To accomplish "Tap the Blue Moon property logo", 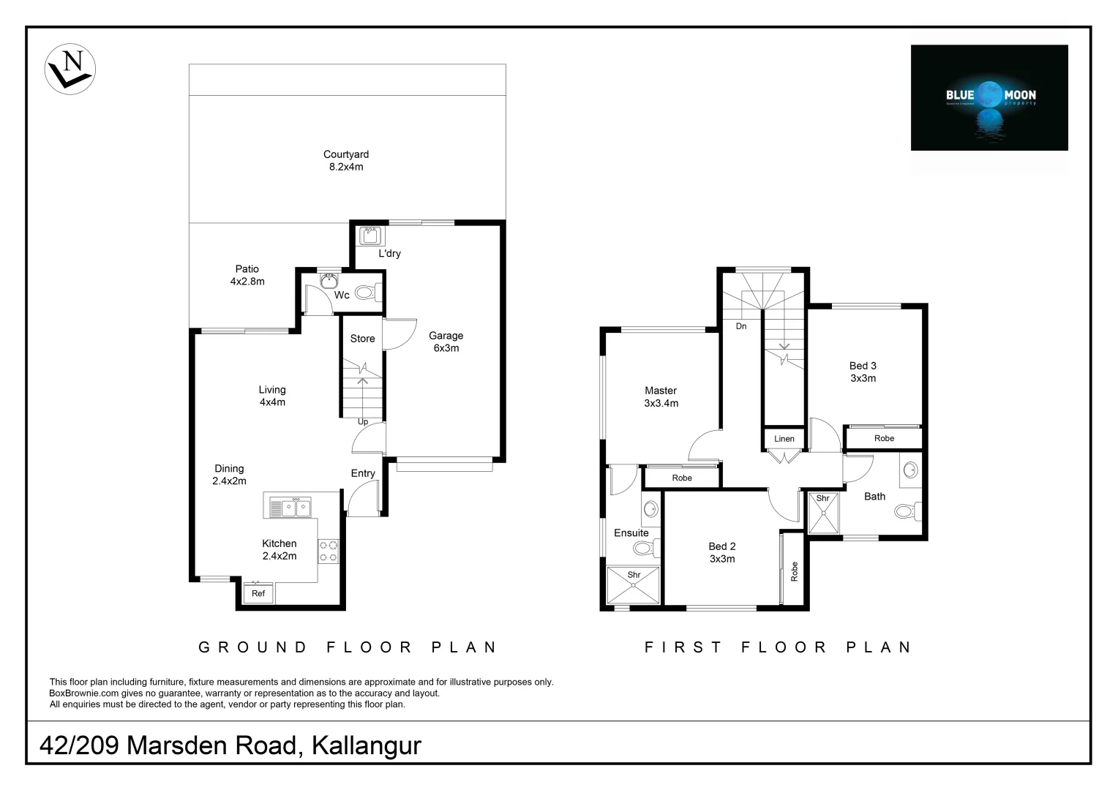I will click(989, 97).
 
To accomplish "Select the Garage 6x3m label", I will click(446, 342).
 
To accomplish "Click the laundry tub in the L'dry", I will click(368, 236).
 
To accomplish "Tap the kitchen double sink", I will click(290, 507).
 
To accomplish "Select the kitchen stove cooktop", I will click(329, 551).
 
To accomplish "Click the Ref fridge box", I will click(258, 593).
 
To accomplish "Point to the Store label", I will click(362, 339).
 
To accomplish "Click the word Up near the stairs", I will click(363, 422).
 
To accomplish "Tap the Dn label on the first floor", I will click(741, 326).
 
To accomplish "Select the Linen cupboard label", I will click(784, 439).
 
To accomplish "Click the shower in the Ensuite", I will click(634, 586).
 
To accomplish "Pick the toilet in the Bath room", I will click(904, 511).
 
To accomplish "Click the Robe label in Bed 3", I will click(884, 438).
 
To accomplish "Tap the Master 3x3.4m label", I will click(661, 396).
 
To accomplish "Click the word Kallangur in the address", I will click(367, 745).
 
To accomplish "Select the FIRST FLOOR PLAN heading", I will click(778, 647).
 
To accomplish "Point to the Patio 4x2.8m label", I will click(247, 275).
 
